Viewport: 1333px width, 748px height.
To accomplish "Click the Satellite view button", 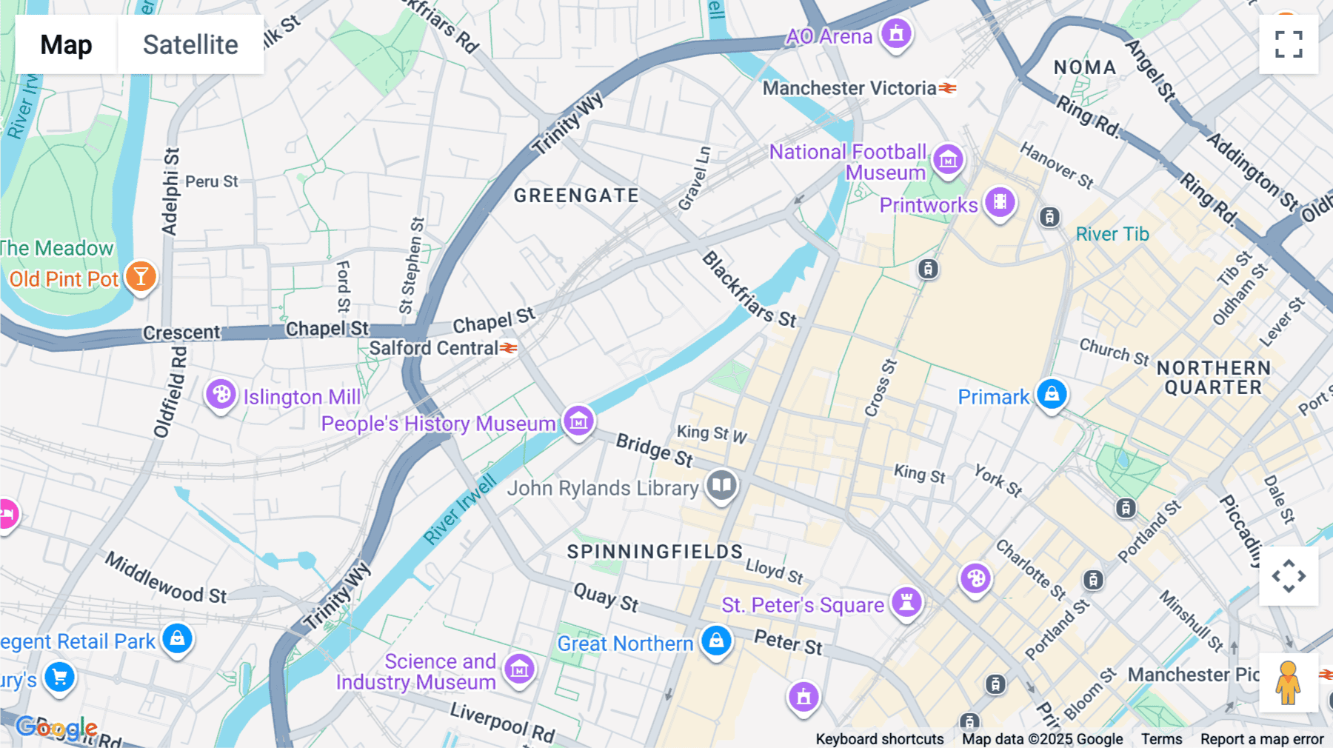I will coord(190,44).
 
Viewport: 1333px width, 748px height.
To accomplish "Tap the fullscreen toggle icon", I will coord(1289,44).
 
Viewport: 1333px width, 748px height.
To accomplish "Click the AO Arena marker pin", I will coord(896,34).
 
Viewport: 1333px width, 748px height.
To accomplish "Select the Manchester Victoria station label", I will coord(849,88).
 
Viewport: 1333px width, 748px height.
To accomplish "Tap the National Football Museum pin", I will coord(948,159).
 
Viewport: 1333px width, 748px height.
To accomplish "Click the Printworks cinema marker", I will coord(1000,201).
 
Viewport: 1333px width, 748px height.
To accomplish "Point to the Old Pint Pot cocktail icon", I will coord(141,277).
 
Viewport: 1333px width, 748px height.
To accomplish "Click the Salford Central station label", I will coord(434,348).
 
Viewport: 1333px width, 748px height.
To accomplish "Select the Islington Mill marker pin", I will coord(221,395).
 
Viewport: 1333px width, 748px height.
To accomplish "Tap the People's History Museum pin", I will coord(578,421).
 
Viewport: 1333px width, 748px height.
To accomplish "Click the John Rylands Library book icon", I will coord(721,486).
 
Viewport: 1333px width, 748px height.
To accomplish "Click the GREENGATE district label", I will coord(576,196).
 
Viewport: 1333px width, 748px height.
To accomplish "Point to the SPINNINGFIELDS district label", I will coord(655,552).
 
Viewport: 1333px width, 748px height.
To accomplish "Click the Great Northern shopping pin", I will coord(716,641).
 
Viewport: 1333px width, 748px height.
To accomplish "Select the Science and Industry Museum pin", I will coord(519,669).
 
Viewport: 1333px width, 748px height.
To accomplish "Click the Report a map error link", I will coord(1262,739).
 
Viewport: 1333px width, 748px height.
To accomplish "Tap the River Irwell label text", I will coord(460,511).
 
